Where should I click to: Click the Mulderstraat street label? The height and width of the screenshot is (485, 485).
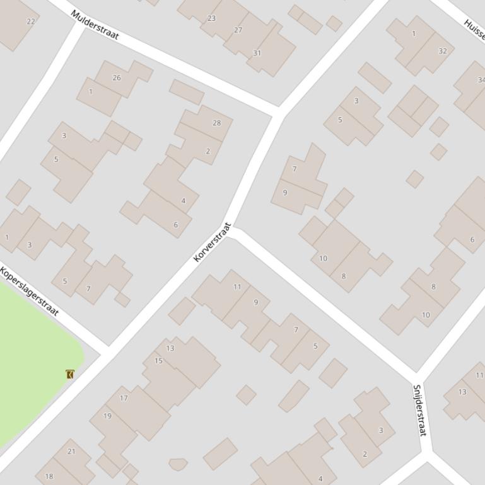(95, 25)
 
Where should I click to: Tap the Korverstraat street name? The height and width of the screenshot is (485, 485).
(213, 242)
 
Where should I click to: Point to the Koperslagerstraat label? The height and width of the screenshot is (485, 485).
(29, 292)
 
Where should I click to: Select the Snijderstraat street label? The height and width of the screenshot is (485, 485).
(419, 409)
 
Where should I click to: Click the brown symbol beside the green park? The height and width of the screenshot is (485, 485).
(70, 374)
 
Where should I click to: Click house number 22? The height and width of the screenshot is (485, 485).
(31, 21)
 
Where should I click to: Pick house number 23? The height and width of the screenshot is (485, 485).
(211, 18)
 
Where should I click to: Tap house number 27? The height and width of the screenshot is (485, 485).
(238, 30)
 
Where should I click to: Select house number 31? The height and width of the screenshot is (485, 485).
(257, 53)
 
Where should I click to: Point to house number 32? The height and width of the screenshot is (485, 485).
(442, 51)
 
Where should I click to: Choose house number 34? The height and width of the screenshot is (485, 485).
(481, 80)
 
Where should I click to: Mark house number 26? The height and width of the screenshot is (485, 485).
(116, 78)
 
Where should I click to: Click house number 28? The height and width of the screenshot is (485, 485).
(216, 123)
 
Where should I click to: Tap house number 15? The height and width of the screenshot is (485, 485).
(158, 361)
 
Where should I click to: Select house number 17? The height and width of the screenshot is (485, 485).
(124, 397)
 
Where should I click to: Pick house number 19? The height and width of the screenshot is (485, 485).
(107, 416)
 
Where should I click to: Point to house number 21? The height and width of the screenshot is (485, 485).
(71, 451)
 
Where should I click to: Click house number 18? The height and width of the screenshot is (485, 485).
(49, 477)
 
